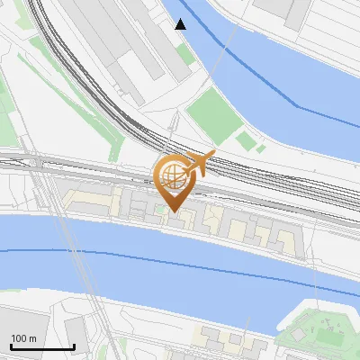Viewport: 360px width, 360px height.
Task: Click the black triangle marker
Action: (181, 24)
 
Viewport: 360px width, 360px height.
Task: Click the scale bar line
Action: (42, 347)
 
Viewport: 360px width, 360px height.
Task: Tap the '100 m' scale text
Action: (24, 338)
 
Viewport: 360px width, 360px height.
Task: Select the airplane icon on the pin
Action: (200, 163)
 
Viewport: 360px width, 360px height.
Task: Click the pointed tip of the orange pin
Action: (171, 211)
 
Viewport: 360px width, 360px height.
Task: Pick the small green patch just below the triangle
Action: (184, 54)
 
